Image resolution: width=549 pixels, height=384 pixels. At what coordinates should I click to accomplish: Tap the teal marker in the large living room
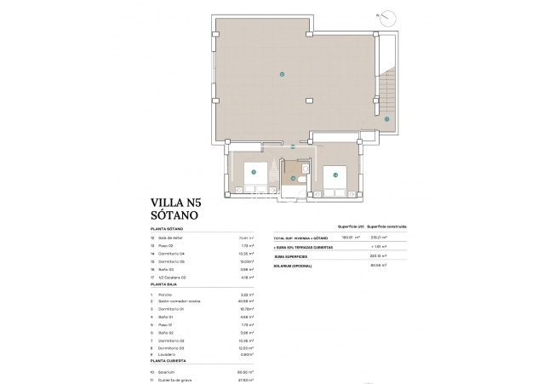point(282,74)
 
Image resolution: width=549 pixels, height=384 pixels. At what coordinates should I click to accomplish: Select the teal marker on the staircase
point(386,119)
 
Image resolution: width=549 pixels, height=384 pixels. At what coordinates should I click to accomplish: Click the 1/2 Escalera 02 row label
point(175,277)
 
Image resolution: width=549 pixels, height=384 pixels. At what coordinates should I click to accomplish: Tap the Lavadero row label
point(167,354)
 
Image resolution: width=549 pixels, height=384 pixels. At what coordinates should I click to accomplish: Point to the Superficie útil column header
point(351,226)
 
